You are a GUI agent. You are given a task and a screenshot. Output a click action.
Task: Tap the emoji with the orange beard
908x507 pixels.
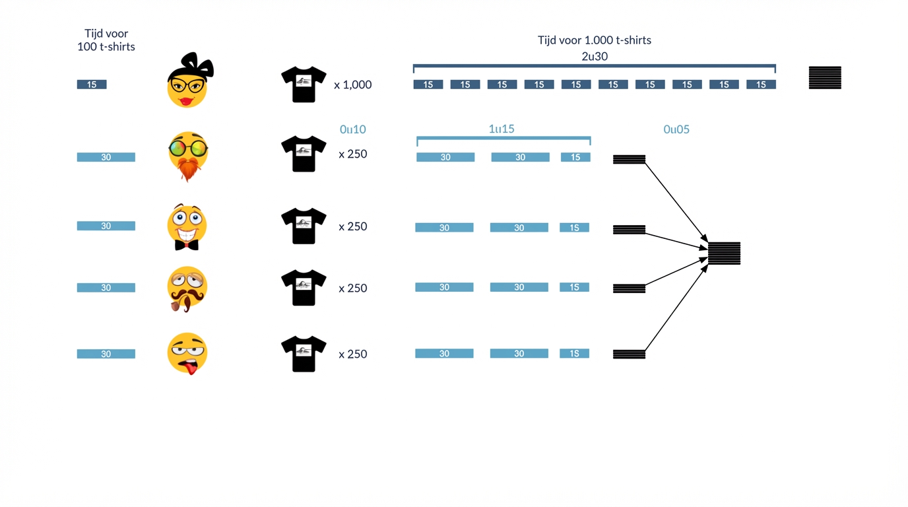click(188, 156)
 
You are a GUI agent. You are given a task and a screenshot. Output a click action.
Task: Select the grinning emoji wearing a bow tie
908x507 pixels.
click(187, 227)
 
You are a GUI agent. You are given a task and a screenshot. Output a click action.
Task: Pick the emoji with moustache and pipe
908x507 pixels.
click(187, 288)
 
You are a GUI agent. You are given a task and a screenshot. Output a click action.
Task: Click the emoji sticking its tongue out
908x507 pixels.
click(187, 353)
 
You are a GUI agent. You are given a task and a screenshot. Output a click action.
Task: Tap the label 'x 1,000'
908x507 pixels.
click(352, 84)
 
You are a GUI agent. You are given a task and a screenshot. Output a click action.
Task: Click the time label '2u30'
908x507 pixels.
click(594, 56)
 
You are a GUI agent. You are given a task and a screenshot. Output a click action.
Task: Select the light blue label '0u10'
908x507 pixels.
click(352, 129)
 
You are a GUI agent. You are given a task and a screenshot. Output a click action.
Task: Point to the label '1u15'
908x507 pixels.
click(502, 129)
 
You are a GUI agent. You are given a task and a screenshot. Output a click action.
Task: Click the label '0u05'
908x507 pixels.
click(676, 129)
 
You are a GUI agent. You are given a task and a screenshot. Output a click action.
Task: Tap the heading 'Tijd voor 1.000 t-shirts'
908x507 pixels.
click(594, 40)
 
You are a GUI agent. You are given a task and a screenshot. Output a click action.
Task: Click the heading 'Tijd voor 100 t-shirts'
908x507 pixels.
click(106, 40)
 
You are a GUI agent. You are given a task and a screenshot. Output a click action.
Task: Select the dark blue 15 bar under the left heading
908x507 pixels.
click(92, 84)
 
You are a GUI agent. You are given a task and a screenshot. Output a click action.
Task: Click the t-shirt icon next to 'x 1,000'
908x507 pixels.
click(304, 84)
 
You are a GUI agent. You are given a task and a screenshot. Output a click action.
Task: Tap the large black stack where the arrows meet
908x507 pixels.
click(724, 253)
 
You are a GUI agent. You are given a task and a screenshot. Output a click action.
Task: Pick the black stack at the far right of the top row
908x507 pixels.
click(825, 78)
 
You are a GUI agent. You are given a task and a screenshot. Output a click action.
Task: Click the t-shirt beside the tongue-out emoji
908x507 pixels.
click(304, 354)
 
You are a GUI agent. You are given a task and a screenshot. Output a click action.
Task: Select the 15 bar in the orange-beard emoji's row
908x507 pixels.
click(575, 157)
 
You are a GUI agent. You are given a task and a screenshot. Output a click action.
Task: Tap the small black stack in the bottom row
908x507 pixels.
click(629, 355)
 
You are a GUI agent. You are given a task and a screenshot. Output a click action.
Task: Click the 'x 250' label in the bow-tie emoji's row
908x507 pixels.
click(352, 226)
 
